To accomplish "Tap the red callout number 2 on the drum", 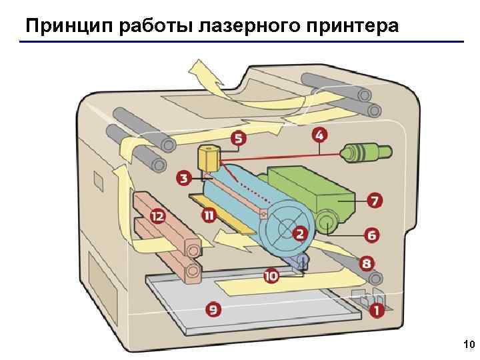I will pos(300,233).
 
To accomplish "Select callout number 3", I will pos(184,178).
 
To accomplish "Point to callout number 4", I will pos(320,135).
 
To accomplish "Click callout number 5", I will pos(237,139).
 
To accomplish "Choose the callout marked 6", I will pos(371,235).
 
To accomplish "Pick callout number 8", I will pos(368,264).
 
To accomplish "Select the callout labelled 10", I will pos(271,275).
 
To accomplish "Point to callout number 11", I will pos(209,215).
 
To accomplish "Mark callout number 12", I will pos(157,216).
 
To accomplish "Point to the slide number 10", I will pos(467,345).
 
